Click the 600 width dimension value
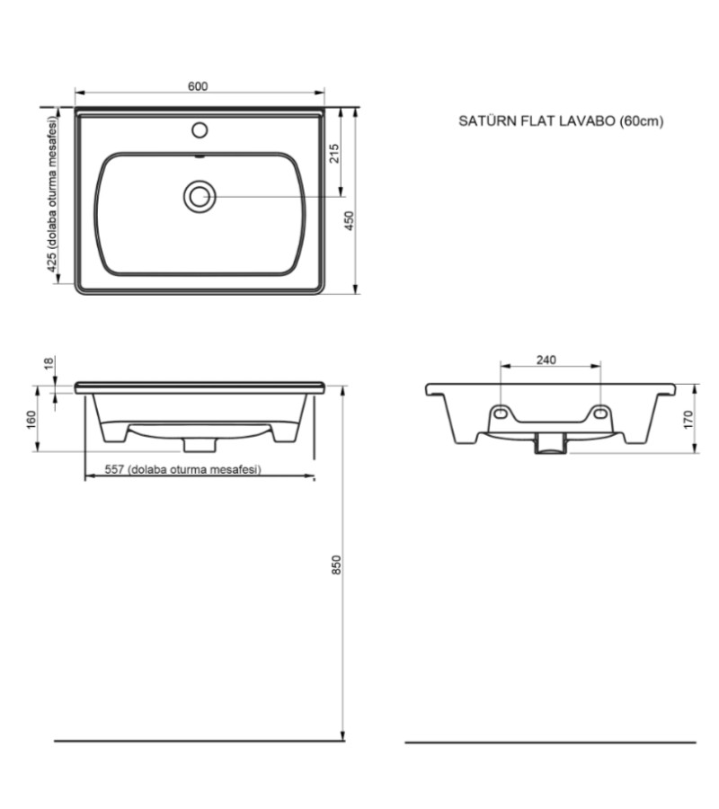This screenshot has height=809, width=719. [x=198, y=86]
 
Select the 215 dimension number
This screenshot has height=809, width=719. [x=334, y=154]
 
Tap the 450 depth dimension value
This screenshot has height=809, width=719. [x=350, y=220]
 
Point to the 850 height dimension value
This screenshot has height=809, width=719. [x=336, y=565]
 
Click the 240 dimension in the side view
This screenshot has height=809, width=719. [x=546, y=360]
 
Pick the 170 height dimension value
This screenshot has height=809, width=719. [x=688, y=420]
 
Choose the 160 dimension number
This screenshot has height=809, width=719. [x=31, y=420]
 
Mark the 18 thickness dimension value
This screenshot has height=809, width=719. [x=49, y=363]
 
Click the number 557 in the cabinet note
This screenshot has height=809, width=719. [x=114, y=469]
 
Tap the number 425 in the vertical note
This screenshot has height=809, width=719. [x=51, y=262]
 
